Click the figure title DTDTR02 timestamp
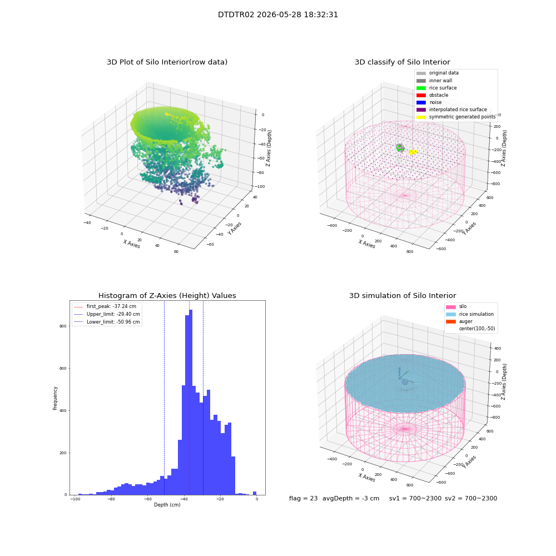pos(277,14)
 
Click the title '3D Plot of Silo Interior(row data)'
pos(167,62)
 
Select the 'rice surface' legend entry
pos(436,88)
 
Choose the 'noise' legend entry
pos(429,102)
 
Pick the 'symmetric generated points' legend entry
pos(456,117)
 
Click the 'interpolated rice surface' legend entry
pos(451,110)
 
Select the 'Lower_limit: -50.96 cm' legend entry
pos(107,322)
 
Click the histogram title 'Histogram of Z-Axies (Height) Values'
pos(167,295)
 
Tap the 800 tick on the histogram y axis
pos(63,326)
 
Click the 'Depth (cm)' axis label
pos(167,505)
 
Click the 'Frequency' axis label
pos(55,398)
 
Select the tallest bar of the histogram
pos(190,402)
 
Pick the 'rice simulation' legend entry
pos(470,314)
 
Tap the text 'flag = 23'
pos(303,498)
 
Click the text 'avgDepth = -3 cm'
pos(351,498)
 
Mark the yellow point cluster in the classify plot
pos(413,152)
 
